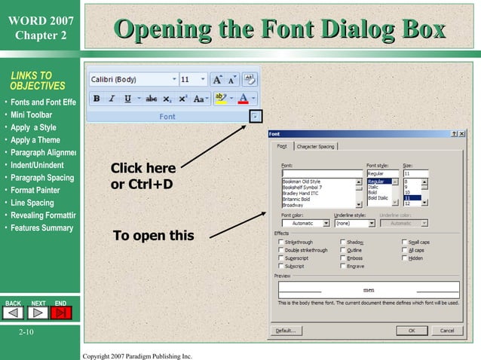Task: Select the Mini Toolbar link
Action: pyautogui.click(x=32, y=114)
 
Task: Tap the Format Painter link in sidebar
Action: pyautogui.click(x=35, y=191)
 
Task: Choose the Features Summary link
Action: pyautogui.click(x=42, y=228)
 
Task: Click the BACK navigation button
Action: pyautogui.click(x=14, y=312)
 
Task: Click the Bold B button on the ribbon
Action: pyautogui.click(x=97, y=99)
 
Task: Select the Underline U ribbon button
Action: pyautogui.click(x=127, y=99)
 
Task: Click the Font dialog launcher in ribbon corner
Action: pyautogui.click(x=256, y=116)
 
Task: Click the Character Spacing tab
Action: pyautogui.click(x=316, y=147)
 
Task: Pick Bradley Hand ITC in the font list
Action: pyautogui.click(x=301, y=194)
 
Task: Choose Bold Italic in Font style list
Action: pyautogui.click(x=379, y=198)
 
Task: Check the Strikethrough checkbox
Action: pyautogui.click(x=281, y=243)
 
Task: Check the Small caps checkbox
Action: pyautogui.click(x=405, y=243)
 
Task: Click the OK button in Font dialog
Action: pyautogui.click(x=412, y=330)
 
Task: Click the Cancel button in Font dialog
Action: pyautogui.click(x=446, y=330)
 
